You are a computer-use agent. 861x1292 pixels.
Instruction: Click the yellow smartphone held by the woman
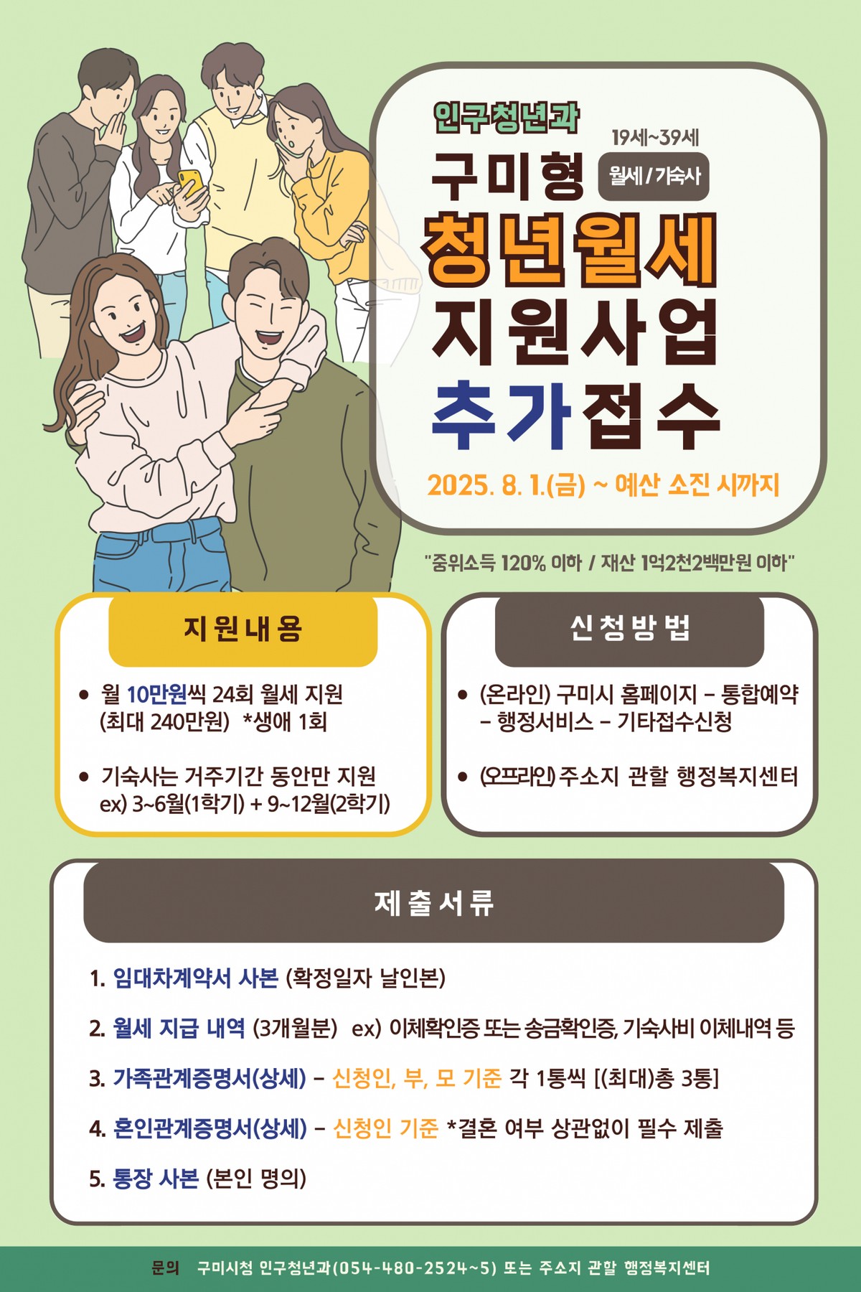[x=189, y=182]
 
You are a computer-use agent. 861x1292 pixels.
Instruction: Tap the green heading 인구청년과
[x=507, y=117]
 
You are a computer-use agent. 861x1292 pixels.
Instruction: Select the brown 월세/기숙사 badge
[x=654, y=176]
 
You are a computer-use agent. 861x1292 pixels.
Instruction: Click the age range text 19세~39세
[x=655, y=137]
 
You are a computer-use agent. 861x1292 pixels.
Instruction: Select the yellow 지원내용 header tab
[x=243, y=629]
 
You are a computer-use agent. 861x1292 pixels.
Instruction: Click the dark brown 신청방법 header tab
[x=629, y=629]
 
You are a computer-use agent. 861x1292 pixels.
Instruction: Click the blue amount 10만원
[x=156, y=694]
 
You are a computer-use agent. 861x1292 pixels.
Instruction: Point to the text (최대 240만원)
[x=164, y=721]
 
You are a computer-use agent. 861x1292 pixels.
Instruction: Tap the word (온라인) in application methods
[x=514, y=694]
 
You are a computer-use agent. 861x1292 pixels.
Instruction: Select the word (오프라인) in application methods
[x=517, y=776]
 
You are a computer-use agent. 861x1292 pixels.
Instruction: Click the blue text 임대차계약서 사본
[x=195, y=978]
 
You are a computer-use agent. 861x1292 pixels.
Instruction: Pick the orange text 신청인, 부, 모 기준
[x=417, y=1078]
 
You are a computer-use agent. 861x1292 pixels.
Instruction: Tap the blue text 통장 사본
[x=156, y=1178]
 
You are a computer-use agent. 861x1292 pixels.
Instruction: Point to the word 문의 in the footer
[x=166, y=1268]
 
